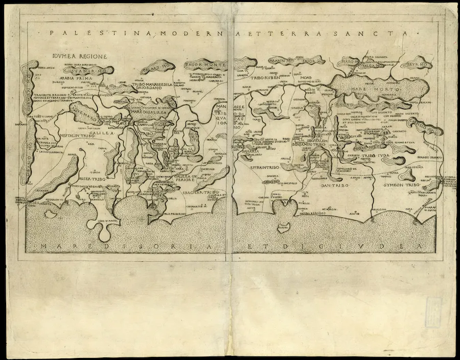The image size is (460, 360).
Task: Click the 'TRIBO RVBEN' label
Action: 266,78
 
